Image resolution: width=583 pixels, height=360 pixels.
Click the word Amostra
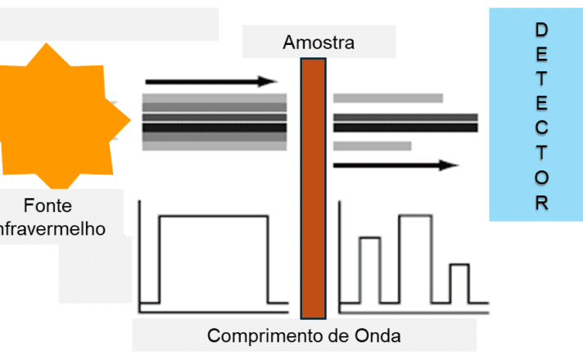tap(319, 43)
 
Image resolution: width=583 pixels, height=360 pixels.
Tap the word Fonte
tap(47, 205)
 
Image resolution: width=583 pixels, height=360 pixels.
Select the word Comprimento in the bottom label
tap(265, 336)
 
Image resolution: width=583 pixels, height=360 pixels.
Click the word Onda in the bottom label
tap(377, 335)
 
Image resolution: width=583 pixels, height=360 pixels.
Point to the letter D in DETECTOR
tap(541, 29)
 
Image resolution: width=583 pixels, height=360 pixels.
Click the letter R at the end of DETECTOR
tap(542, 203)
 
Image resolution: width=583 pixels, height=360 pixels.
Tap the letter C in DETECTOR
tap(542, 128)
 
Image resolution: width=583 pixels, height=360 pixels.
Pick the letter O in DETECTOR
tap(542, 178)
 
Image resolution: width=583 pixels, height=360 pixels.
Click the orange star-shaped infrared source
tap(60, 117)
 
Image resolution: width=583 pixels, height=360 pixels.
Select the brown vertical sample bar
tap(314, 188)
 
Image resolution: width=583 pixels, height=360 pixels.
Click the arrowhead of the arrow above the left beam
tap(268, 81)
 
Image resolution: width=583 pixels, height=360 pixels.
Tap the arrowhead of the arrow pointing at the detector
tap(449, 165)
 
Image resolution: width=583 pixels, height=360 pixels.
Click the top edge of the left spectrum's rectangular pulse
tap(214, 216)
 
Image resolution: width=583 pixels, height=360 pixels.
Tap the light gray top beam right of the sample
tap(388, 98)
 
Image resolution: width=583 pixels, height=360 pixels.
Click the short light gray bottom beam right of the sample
tap(373, 146)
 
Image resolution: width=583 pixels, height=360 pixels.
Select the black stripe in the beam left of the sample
tap(215, 128)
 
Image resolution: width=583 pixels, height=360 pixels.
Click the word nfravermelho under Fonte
tap(52, 229)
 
